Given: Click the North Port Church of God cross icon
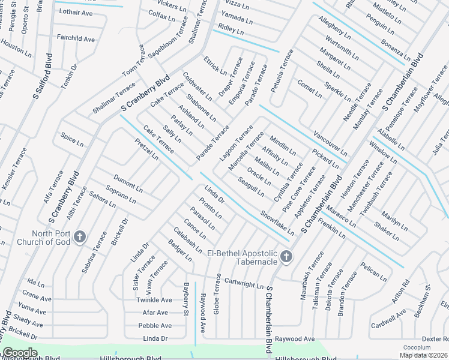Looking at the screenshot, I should (x=80, y=237).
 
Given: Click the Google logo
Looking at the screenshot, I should (x=19, y=353).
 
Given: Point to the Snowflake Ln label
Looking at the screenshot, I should (x=277, y=222).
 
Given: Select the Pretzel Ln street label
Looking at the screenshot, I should (x=146, y=149).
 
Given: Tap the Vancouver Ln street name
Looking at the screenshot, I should (x=330, y=143).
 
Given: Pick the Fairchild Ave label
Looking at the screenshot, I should (x=76, y=39).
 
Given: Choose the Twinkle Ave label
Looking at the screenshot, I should (x=154, y=300).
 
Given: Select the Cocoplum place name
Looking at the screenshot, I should (x=417, y=347).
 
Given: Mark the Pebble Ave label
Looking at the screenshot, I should (x=155, y=325).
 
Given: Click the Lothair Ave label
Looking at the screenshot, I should (x=76, y=13).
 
